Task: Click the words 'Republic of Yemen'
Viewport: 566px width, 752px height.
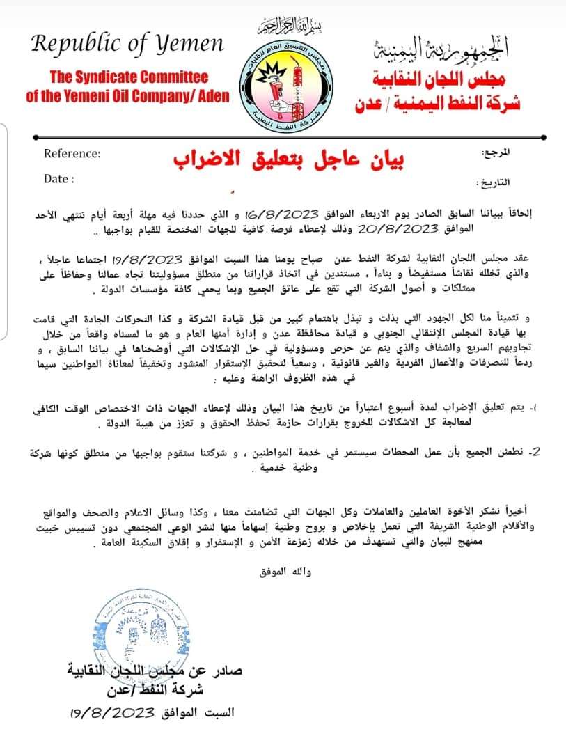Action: (127, 45)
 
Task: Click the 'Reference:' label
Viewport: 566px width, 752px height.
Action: (72, 154)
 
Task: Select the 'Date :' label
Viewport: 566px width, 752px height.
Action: (59, 179)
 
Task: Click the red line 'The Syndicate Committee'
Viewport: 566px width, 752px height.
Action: (129, 77)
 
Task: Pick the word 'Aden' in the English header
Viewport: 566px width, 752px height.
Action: (211, 96)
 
